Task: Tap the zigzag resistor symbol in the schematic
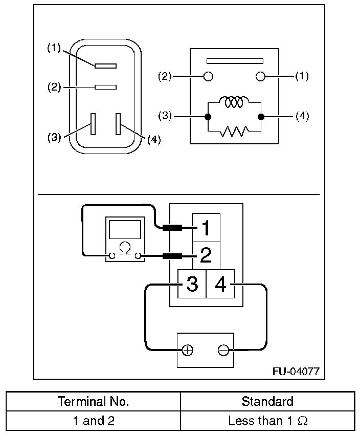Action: tap(234, 132)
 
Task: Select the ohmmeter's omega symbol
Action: tap(125, 248)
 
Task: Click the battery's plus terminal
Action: tap(188, 350)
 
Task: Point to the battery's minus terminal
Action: tap(222, 350)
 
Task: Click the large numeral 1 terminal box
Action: tap(206, 228)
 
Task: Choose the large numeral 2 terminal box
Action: tap(206, 255)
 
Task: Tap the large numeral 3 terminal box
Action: tap(192, 284)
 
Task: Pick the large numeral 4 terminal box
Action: tap(220, 284)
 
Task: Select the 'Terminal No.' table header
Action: tap(93, 401)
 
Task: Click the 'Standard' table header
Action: tap(267, 401)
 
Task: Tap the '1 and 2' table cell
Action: tap(93, 421)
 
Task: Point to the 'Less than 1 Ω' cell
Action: tap(267, 421)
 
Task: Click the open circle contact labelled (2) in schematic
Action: tap(208, 76)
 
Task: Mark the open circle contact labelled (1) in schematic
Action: tap(260, 76)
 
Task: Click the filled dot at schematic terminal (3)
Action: tap(208, 117)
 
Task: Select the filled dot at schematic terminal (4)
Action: tap(261, 117)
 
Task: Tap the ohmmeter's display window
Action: tap(125, 228)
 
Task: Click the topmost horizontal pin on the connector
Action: tap(105, 66)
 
